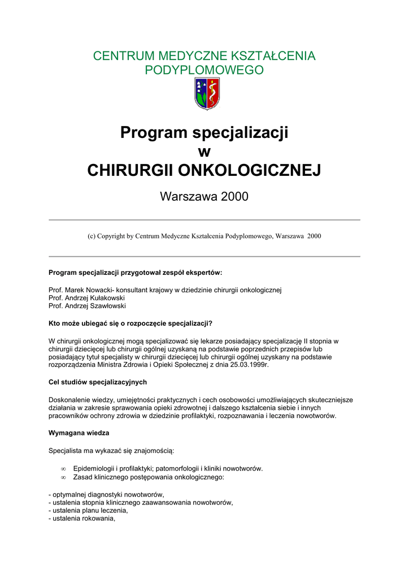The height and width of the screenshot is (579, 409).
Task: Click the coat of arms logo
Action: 207,94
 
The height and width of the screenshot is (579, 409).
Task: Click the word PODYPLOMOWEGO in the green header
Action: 204,71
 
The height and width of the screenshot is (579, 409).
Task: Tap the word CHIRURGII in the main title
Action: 131,170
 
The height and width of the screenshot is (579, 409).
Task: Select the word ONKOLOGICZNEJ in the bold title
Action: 249,170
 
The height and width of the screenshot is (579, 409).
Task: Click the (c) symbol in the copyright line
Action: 92,236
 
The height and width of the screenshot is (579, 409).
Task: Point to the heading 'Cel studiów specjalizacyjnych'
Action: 98,382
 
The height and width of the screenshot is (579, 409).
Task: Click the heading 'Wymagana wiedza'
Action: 79,433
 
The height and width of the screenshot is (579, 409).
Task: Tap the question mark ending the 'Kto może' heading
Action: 210,323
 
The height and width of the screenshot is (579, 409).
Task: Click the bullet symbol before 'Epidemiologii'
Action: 63,469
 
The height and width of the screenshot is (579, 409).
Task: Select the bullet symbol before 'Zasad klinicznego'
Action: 63,477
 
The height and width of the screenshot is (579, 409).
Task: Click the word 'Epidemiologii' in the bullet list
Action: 94,469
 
